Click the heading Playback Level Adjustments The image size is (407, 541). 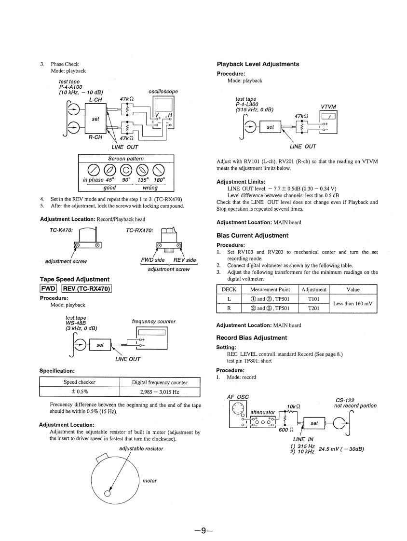coord(258,64)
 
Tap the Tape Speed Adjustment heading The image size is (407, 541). coord(74,279)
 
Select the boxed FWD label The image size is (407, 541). coord(49,289)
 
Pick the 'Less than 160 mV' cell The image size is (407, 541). coord(353,303)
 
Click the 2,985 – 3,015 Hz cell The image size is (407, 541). coord(159,392)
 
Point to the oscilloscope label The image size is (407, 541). coord(163,92)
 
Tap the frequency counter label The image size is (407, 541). coord(153,321)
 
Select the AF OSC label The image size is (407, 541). coord(238,397)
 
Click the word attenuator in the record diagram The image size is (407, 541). coord(262,413)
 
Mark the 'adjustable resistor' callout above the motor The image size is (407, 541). coord(141,448)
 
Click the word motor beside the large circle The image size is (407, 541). coord(149,481)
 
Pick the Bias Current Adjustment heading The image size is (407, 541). coord(252,236)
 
